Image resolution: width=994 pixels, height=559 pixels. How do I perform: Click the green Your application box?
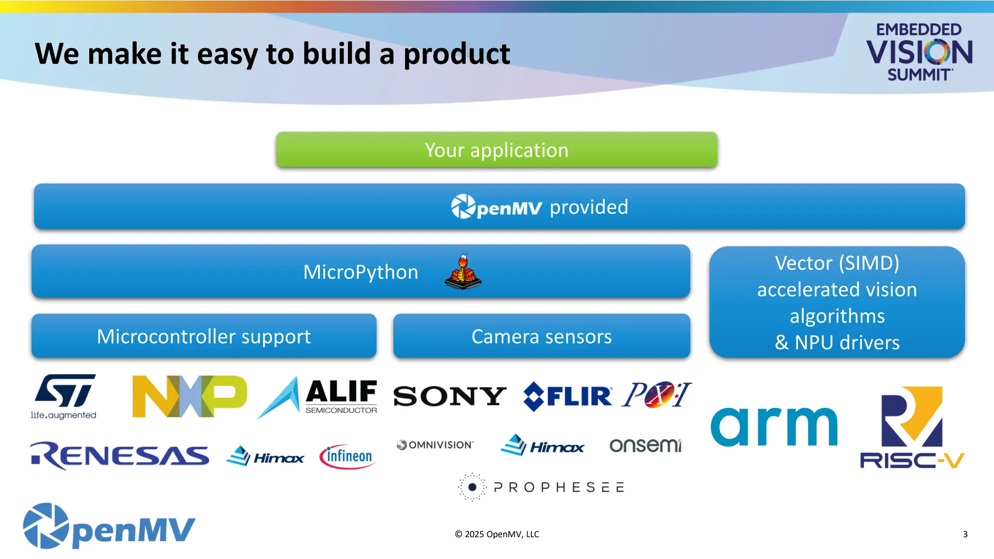497,150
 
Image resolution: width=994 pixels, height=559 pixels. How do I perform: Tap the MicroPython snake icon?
463,272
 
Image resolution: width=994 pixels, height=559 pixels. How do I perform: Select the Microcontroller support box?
204,336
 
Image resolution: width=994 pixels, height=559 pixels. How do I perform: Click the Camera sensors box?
542,336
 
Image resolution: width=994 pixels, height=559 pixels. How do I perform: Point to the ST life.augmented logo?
64,395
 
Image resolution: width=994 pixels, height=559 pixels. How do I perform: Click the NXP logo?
189,396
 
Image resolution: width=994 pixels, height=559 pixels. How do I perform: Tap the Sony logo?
449,396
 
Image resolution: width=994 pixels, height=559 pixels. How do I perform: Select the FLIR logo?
568,396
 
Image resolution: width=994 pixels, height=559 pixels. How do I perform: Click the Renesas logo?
119,456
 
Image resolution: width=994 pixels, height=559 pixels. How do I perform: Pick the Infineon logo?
347,457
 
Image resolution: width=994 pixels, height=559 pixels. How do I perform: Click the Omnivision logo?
435,445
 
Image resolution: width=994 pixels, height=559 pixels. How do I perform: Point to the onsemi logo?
645,445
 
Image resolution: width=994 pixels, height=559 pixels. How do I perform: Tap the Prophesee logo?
541,487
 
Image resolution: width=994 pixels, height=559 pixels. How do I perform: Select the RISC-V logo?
912,427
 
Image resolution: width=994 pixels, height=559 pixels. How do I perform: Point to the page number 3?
965,534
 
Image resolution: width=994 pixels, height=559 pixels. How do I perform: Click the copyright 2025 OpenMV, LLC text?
497,534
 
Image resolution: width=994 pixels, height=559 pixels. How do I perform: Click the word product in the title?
457,54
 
